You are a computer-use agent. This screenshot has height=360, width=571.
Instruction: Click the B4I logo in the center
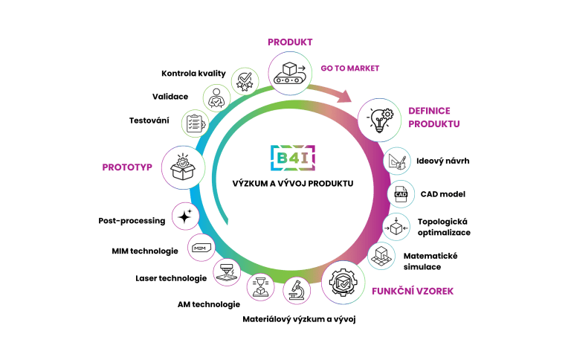pyautogui.click(x=293, y=158)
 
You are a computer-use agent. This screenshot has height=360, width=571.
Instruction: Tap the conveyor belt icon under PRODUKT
pyautogui.click(x=290, y=73)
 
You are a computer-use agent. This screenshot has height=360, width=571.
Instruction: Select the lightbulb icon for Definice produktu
pyautogui.click(x=379, y=120)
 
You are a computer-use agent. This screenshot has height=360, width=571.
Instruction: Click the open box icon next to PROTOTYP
pyautogui.click(x=183, y=167)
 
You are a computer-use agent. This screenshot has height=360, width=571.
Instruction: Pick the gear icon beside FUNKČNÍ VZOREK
pyautogui.click(x=343, y=283)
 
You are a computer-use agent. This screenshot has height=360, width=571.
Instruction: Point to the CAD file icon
pyautogui.click(x=401, y=194)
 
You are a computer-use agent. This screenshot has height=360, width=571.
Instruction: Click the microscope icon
pyautogui.click(x=297, y=290)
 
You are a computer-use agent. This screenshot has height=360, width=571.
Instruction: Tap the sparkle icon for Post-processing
pyautogui.click(x=185, y=216)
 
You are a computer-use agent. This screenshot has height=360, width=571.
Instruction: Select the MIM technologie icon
pyautogui.click(x=201, y=248)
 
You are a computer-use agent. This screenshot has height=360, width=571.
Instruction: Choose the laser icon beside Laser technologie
pyautogui.click(x=227, y=272)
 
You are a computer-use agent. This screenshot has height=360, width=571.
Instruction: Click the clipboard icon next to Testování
pyautogui.click(x=196, y=123)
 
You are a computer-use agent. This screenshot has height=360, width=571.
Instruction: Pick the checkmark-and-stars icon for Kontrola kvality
pyautogui.click(x=245, y=81)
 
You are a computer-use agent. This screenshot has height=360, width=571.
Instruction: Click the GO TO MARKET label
pyautogui.click(x=350, y=68)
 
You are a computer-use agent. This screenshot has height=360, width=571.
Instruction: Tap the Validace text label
pyautogui.click(x=170, y=97)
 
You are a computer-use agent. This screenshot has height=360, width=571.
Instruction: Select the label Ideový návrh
pyautogui.click(x=443, y=161)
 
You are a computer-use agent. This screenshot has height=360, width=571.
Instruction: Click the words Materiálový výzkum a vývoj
pyautogui.click(x=299, y=319)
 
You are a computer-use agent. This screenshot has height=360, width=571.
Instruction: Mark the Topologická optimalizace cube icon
pyautogui.click(x=396, y=227)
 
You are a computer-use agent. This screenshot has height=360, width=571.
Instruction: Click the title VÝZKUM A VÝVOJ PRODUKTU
pyautogui.click(x=293, y=183)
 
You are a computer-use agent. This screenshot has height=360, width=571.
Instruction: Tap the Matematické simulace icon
pyautogui.click(x=381, y=256)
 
